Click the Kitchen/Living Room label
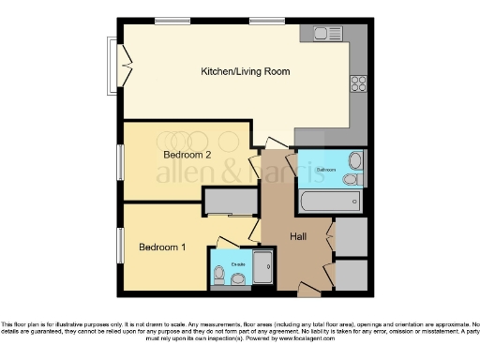[x=246, y=71]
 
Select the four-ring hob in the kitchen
[x=358, y=82]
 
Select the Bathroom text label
[x=325, y=169]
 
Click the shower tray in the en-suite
[x=263, y=267]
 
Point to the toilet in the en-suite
[x=219, y=275]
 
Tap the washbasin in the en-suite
[x=242, y=278]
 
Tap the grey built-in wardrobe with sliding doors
[x=232, y=202]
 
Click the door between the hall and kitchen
[x=275, y=145]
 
